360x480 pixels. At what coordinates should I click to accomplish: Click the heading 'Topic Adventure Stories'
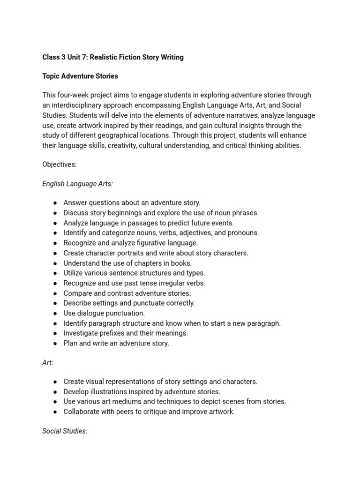[x=80, y=76]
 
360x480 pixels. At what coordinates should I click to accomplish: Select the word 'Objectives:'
[x=60, y=165]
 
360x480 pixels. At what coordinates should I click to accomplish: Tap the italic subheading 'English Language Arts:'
[x=77, y=184]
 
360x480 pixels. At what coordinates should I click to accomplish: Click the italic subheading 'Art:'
[x=48, y=363]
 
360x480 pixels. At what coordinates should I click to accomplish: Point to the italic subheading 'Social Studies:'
[x=65, y=431]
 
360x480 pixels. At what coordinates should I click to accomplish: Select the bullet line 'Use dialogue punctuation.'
[x=104, y=313]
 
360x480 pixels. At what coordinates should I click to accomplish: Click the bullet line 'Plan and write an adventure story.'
[x=116, y=343]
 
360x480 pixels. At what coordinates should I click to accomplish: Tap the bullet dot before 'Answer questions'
[x=55, y=203]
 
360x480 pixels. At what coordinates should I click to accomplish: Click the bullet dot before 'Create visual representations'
[x=55, y=382]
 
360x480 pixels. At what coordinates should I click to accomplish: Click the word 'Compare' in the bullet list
[x=77, y=293]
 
